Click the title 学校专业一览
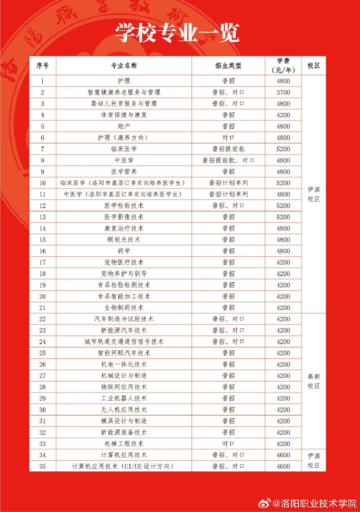click(177, 32)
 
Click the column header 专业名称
click(124, 66)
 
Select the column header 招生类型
click(228, 66)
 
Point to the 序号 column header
click(42, 66)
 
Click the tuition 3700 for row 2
click(283, 92)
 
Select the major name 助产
click(124, 126)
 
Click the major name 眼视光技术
click(124, 240)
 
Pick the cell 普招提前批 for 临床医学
click(228, 149)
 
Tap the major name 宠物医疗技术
click(124, 263)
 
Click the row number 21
click(42, 308)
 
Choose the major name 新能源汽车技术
click(124, 330)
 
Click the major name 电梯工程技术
click(124, 444)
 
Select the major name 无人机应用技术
click(124, 410)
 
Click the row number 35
click(42, 466)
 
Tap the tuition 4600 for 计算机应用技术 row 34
click(283, 455)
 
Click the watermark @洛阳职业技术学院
click(315, 503)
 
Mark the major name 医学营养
click(124, 172)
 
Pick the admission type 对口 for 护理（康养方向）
click(228, 138)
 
